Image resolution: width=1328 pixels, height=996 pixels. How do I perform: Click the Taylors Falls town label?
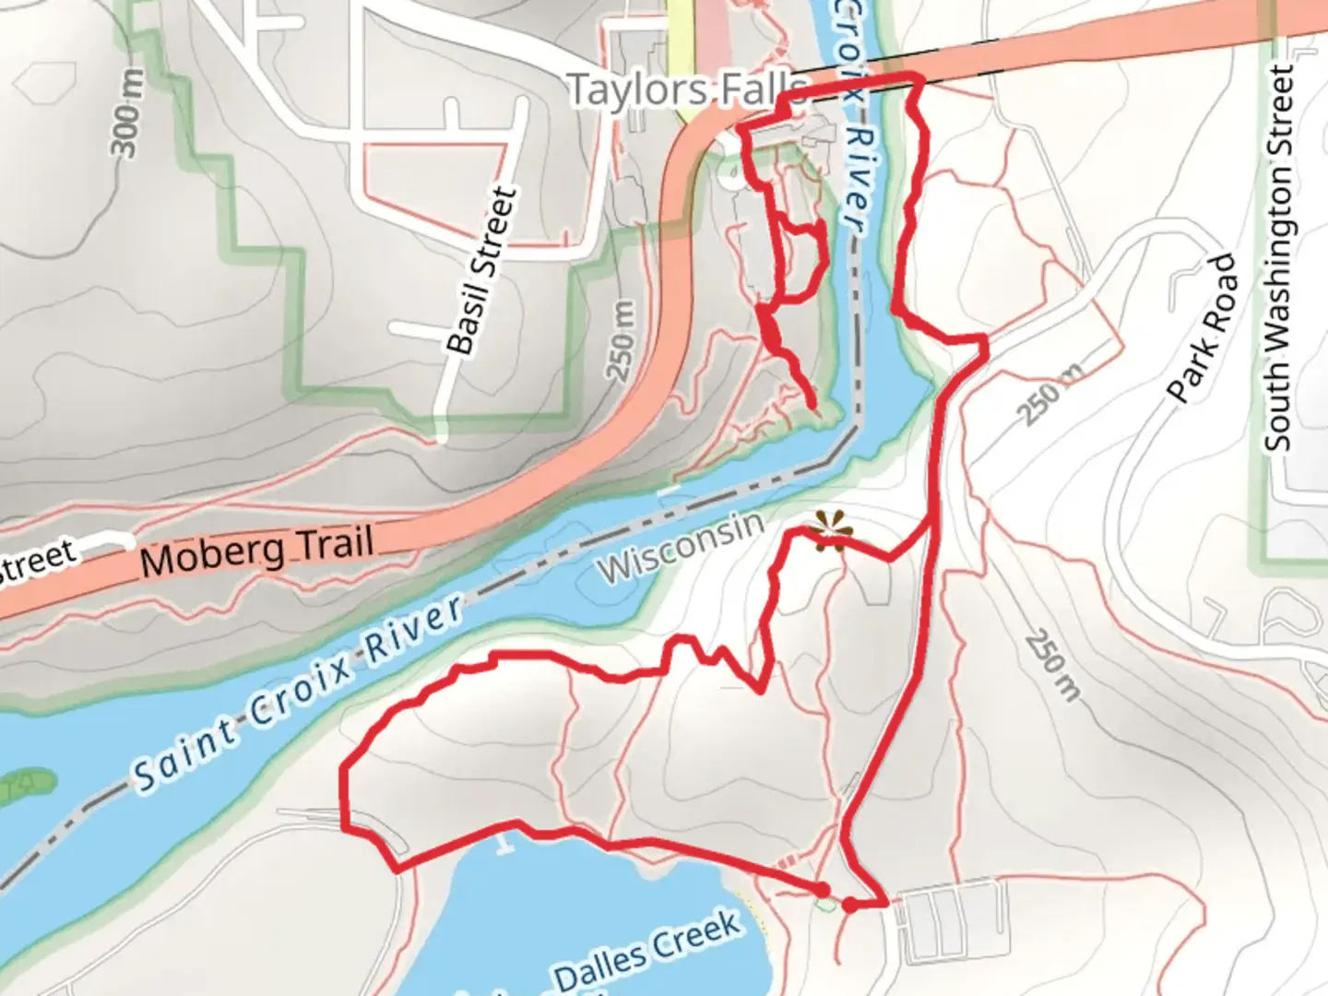(687, 90)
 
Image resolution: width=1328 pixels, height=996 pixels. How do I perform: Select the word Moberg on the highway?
(213, 556)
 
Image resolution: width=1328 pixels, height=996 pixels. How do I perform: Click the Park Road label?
(1202, 328)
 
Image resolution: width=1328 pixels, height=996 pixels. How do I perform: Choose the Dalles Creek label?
(646, 951)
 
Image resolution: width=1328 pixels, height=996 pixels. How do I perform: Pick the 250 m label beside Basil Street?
(622, 340)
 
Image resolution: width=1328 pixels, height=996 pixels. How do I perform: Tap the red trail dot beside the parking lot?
(849, 906)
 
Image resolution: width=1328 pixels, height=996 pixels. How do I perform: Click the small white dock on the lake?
(503, 842)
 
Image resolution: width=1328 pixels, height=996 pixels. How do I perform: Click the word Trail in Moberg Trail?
(333, 544)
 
